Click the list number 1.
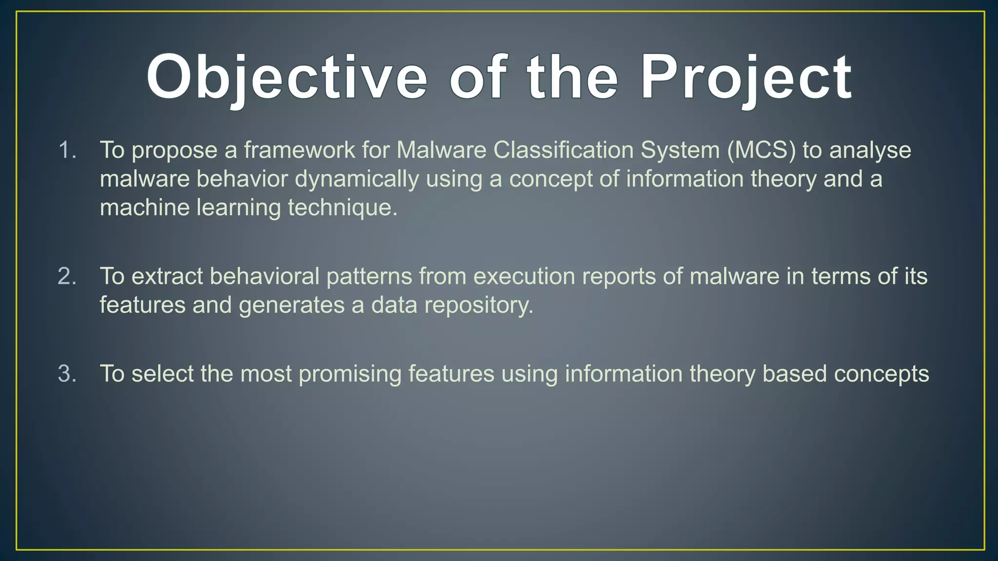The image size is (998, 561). pyautogui.click(x=67, y=150)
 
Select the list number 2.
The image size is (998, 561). pyautogui.click(x=67, y=277)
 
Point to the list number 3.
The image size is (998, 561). pyautogui.click(x=67, y=374)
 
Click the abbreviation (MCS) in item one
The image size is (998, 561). pyautogui.click(x=761, y=150)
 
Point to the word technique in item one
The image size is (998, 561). pyautogui.click(x=342, y=208)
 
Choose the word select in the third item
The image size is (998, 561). pyautogui.click(x=162, y=374)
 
